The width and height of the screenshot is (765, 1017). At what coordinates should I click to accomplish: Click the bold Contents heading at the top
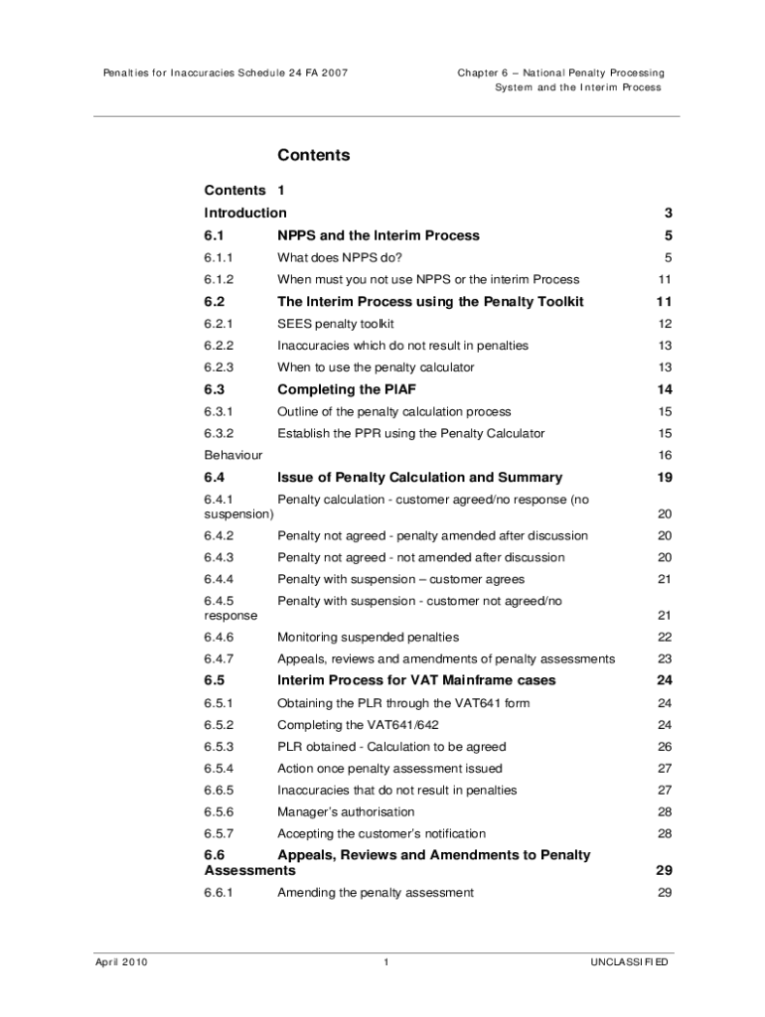[313, 155]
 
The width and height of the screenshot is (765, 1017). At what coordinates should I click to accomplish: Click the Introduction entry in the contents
[245, 213]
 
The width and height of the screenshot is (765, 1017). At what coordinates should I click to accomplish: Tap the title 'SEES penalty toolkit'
[335, 324]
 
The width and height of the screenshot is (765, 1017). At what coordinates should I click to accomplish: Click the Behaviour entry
[233, 455]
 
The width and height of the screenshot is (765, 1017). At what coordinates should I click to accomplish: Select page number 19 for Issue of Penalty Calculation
[665, 477]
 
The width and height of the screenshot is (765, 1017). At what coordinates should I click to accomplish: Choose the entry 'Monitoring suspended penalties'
[368, 637]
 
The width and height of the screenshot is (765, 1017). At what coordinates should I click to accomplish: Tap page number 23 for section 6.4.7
[665, 658]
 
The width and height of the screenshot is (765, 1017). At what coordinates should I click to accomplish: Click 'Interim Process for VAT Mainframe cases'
[416, 680]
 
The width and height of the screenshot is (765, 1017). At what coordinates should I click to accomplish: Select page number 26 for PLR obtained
[665, 746]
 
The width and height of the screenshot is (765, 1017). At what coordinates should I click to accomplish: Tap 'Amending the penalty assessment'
[375, 892]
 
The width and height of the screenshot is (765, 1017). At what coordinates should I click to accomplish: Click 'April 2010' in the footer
[121, 962]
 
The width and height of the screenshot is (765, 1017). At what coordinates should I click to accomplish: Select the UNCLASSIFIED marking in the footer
[629, 962]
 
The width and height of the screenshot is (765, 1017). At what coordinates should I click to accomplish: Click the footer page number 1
[383, 962]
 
